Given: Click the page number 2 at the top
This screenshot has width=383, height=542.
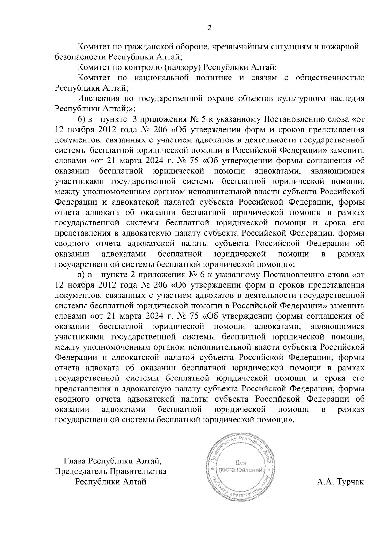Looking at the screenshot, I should (210, 28).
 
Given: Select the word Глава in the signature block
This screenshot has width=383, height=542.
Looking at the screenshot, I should (75, 461).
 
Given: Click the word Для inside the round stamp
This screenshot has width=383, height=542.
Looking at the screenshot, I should (240, 462).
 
